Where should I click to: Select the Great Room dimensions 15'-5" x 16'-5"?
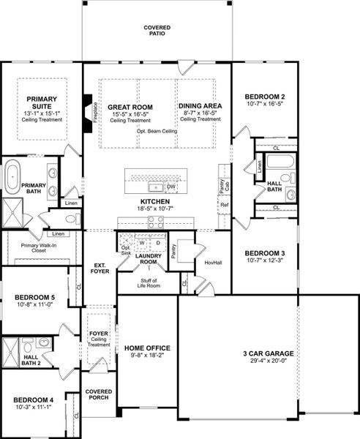tap(130, 114)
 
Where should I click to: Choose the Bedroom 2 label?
tap(264, 97)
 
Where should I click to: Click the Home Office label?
tap(147, 348)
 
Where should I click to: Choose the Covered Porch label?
tap(99, 394)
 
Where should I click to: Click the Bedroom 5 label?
tap(35, 298)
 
